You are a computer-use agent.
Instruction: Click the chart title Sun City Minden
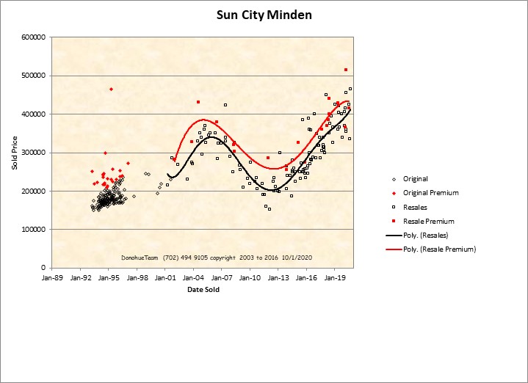[x=264, y=15]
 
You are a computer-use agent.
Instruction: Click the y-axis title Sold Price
[x=15, y=153]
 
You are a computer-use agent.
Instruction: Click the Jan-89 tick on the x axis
[x=53, y=278]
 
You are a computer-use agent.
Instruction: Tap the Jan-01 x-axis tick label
[x=166, y=278]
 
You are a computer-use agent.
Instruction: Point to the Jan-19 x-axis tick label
[x=336, y=278]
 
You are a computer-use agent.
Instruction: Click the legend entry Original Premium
[x=431, y=193]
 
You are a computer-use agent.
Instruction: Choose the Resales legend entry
[x=415, y=207]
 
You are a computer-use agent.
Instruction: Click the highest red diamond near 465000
[x=111, y=89]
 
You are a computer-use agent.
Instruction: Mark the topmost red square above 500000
[x=346, y=70]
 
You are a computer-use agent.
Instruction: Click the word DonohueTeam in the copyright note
[x=139, y=258]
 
